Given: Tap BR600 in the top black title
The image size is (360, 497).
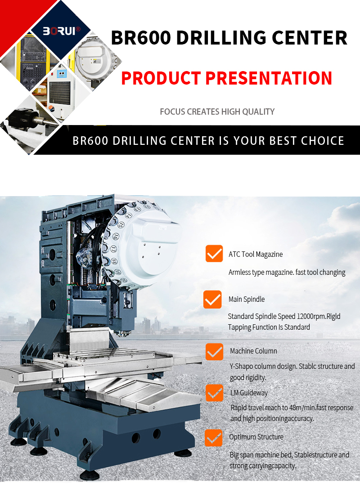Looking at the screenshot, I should tap(140, 38).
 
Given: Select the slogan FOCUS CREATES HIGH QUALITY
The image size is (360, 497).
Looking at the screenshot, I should tap(217, 112).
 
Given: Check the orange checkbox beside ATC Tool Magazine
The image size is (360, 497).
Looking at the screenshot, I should tap(214, 254).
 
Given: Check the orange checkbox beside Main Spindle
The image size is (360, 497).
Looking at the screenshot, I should tap(212, 300).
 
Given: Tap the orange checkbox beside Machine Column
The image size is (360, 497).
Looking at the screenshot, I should tap(214, 351).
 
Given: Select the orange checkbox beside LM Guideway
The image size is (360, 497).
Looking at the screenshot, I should tap(214, 393).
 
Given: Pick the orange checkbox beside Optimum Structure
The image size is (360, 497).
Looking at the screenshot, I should tap(213, 437).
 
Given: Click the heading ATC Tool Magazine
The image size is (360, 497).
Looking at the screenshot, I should tap(256, 254).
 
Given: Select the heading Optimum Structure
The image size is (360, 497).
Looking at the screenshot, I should tap(256, 437).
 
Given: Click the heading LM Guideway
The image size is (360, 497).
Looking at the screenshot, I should tap(249, 393).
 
